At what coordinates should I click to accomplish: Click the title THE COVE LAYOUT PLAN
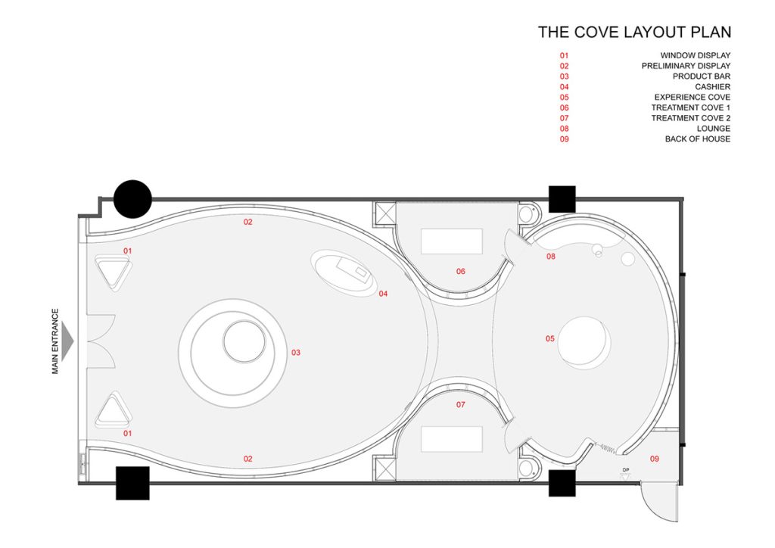point(634,32)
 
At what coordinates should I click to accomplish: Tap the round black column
point(132,199)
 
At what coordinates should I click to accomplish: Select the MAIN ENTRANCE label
point(54,341)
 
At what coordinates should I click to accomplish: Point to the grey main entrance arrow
point(68,341)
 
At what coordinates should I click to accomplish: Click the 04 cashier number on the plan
point(383,294)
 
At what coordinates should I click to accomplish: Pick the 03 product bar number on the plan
point(296,352)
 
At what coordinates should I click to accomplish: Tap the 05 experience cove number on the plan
point(550,338)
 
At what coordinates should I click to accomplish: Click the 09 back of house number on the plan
point(655,459)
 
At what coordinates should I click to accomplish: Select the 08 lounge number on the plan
point(551,256)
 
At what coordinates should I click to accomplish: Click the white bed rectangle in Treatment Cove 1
point(452,241)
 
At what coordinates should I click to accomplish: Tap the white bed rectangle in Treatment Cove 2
point(452,439)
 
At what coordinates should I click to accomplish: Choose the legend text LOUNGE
point(713,129)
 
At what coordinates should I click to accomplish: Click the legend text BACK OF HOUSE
point(697,139)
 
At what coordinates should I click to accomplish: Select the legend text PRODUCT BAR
point(702,76)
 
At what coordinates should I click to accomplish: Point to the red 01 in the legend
point(564,55)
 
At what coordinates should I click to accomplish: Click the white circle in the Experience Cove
point(584,342)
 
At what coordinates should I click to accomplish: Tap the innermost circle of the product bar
point(244,341)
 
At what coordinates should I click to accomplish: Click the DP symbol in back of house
point(626,472)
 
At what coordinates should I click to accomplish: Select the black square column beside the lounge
point(562,199)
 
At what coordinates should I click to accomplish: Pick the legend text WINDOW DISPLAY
point(695,55)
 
